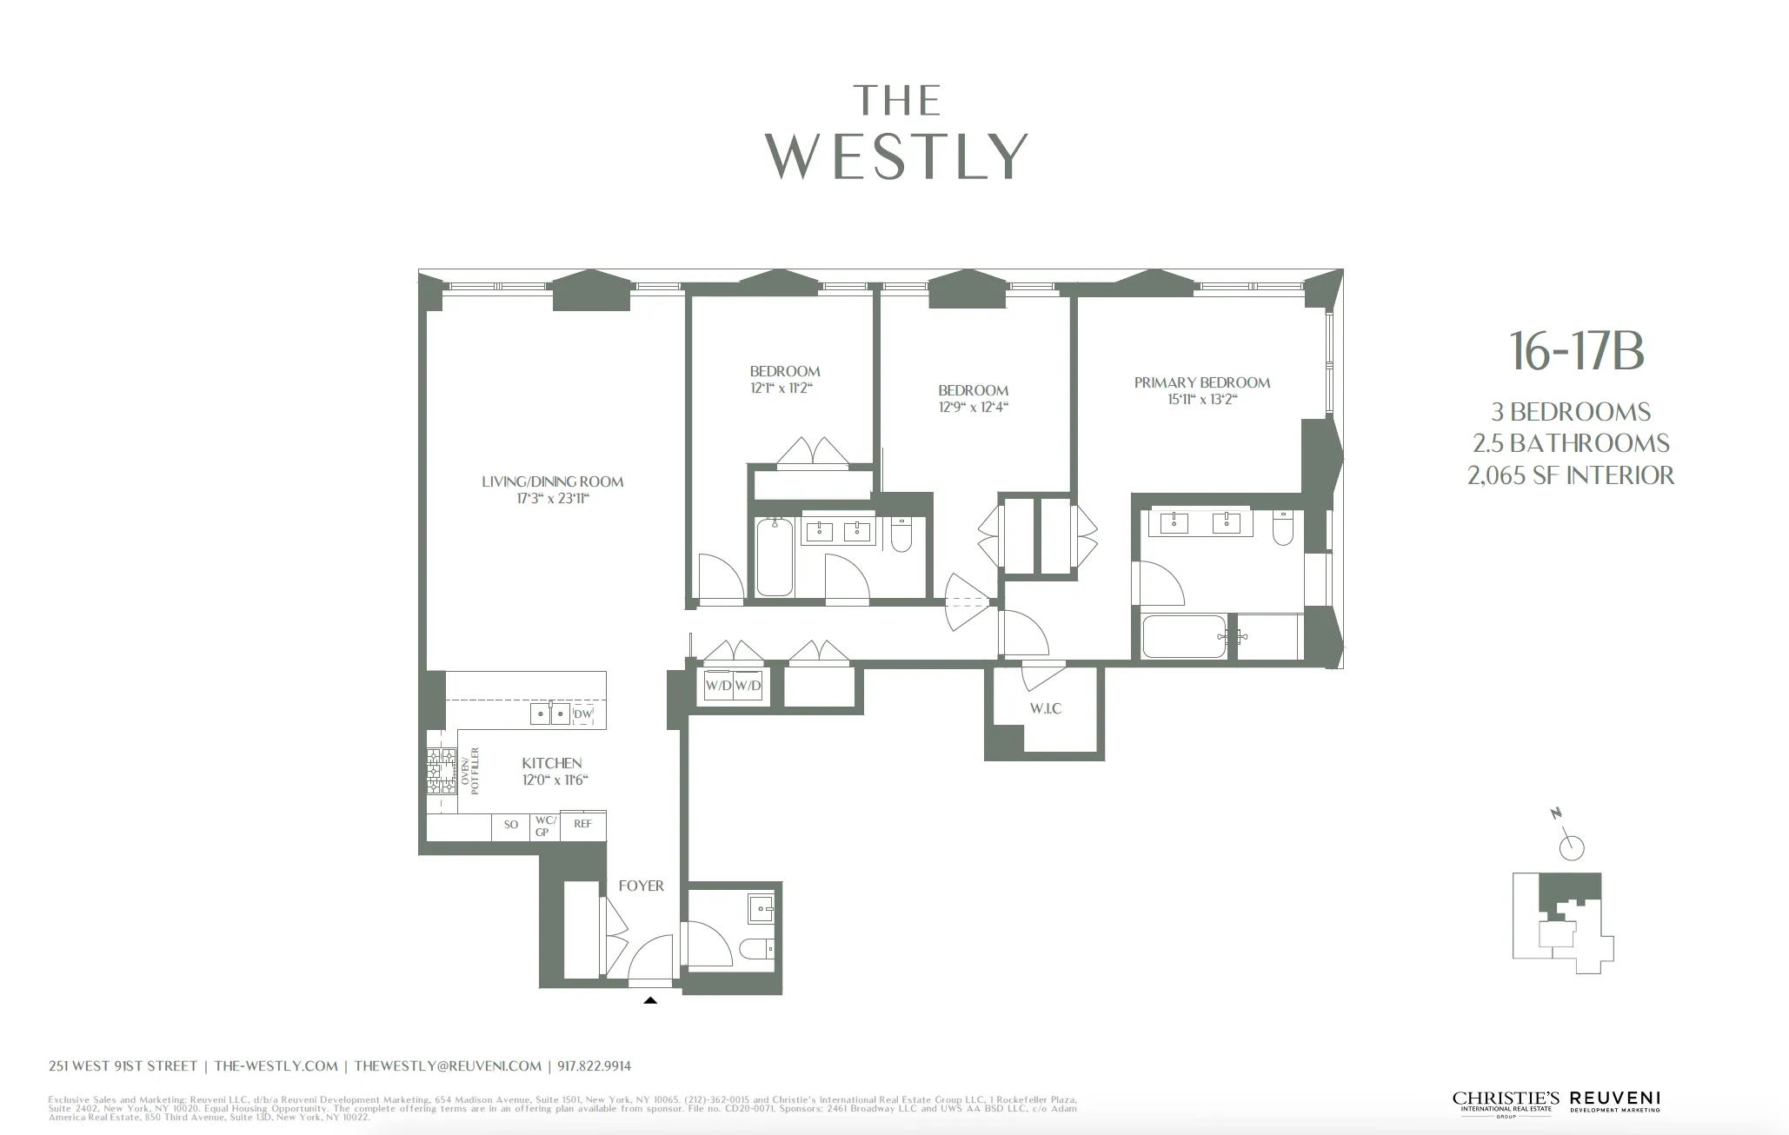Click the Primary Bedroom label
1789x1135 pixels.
click(1201, 382)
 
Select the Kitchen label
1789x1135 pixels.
click(552, 763)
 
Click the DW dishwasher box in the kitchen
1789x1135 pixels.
click(583, 714)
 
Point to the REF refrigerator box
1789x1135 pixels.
click(582, 824)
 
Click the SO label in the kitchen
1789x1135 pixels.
click(511, 825)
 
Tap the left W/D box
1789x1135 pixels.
click(718, 686)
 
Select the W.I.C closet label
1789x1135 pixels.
click(1046, 708)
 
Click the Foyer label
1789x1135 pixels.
click(641, 886)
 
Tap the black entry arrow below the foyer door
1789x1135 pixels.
click(650, 1000)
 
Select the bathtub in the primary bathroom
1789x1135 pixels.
click(1184, 637)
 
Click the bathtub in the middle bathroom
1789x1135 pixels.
click(774, 557)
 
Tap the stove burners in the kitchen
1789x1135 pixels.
click(441, 772)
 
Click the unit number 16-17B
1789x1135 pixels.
click(1576, 352)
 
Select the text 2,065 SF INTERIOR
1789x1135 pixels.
click(1570, 475)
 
